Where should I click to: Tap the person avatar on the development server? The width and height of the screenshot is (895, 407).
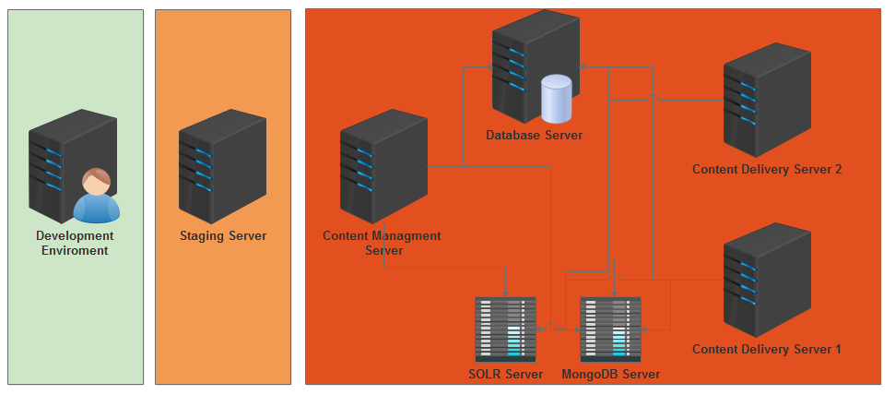[96, 197]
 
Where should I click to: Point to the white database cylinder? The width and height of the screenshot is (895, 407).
[556, 100]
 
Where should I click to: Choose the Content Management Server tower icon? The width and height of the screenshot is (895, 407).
[383, 166]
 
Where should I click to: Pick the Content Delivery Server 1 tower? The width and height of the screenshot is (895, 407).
[766, 280]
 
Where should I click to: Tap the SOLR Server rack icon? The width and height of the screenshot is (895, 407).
[505, 329]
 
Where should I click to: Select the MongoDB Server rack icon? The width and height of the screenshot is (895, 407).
[610, 329]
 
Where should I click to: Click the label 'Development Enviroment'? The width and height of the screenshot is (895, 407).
[75, 243]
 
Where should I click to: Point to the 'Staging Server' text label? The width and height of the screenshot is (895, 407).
[223, 236]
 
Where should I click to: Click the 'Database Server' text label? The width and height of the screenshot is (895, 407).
[535, 136]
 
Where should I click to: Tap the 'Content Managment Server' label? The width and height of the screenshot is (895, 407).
[383, 243]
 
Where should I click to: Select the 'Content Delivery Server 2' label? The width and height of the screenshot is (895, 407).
[767, 169]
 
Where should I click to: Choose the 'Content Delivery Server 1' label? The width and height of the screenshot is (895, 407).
[767, 349]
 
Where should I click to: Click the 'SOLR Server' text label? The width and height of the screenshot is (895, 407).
[505, 374]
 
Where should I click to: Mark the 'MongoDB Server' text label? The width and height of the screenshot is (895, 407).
[610, 374]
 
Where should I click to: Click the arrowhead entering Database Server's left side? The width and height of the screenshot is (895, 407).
[489, 66]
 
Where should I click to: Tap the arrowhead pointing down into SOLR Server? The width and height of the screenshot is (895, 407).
[506, 293]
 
